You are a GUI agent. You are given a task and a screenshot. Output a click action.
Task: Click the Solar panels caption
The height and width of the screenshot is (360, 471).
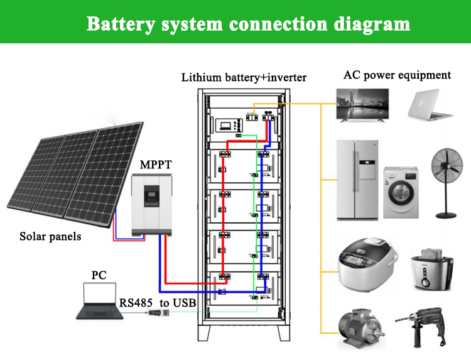click(50, 237)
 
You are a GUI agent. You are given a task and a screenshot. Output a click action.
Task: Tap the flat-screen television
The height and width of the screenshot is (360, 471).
click(362, 104)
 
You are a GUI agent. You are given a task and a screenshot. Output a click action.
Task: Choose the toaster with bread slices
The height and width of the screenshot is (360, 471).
click(432, 270)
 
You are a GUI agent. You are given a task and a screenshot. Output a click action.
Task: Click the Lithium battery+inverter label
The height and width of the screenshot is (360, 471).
click(244, 78)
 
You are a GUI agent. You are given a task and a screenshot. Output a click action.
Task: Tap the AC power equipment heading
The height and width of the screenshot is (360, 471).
click(397, 75)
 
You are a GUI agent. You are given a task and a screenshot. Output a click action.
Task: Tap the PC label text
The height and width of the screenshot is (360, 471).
click(99, 275)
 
